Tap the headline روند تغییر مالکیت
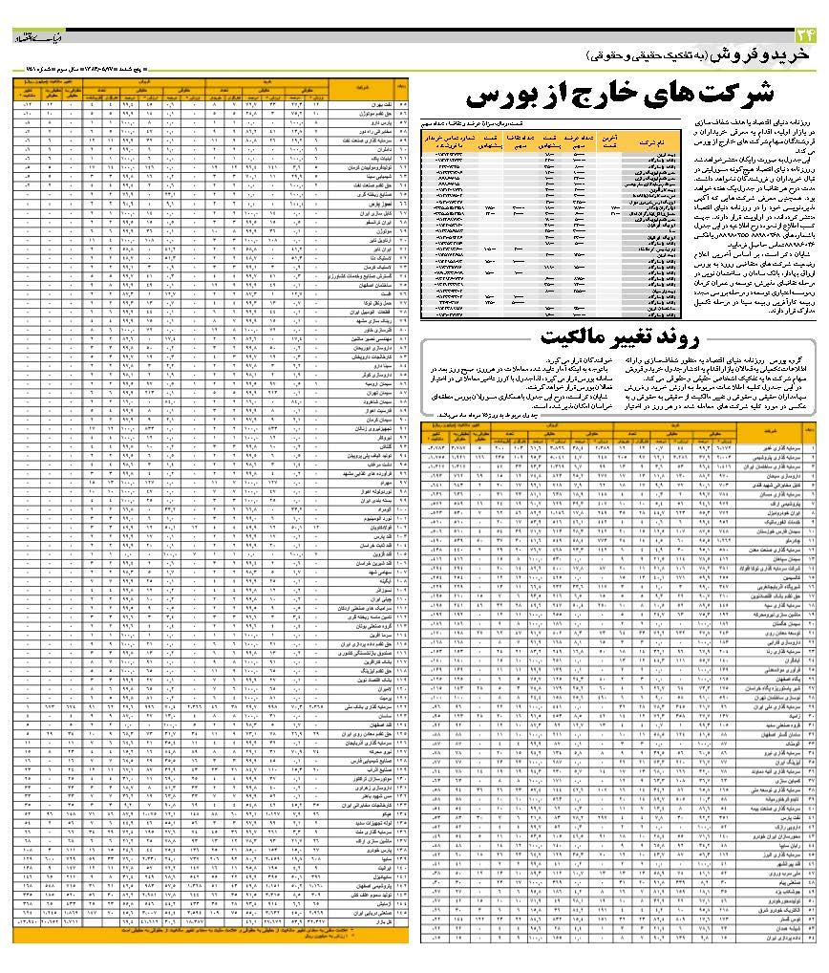620,335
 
